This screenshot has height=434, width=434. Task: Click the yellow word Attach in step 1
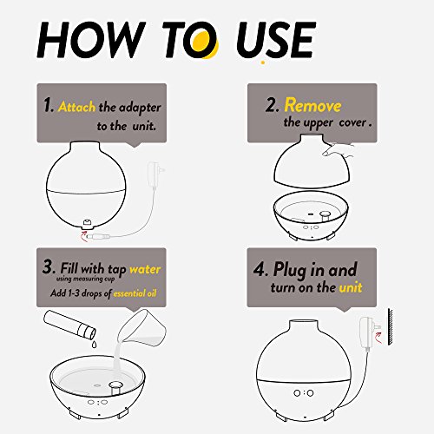(76, 107)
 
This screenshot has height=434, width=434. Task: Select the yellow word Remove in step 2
(312, 105)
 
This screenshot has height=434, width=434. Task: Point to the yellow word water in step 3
(145, 269)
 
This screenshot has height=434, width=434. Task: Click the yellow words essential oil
(135, 293)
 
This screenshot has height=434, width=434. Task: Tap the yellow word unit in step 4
(351, 287)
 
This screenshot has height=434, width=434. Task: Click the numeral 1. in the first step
(49, 105)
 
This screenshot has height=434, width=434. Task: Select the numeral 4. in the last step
(260, 269)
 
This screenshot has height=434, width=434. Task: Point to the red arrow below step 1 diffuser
(83, 237)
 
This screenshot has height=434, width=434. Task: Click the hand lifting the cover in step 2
(339, 150)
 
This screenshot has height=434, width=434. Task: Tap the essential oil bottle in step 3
(69, 325)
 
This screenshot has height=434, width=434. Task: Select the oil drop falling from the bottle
(94, 345)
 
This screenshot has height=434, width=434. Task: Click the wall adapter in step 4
(367, 332)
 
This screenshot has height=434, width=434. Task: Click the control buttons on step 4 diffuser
(304, 393)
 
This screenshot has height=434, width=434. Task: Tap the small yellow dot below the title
(263, 62)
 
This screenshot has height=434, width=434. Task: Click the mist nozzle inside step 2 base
(325, 216)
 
